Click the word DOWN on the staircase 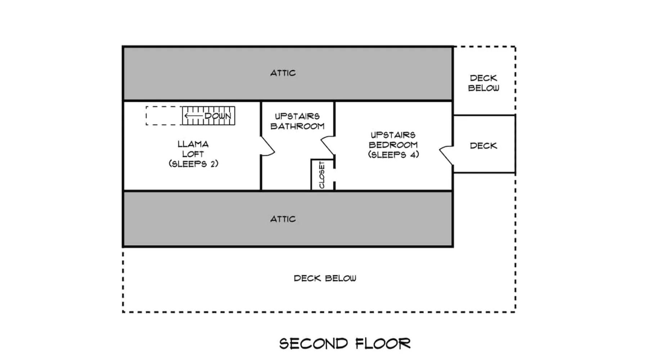tap(218, 116)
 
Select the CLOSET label tap(322, 175)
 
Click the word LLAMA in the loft tap(193, 144)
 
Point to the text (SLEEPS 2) tap(193, 164)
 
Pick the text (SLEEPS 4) tap(393, 154)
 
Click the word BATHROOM tap(297, 126)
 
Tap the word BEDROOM tap(393, 145)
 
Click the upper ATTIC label tap(283, 73)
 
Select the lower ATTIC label tap(283, 219)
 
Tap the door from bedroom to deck tap(446, 156)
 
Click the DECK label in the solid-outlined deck tap(483, 146)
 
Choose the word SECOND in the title tap(314, 343)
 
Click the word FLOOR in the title tap(383, 343)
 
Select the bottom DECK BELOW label tap(325, 278)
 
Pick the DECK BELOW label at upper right tap(483, 83)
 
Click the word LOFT tap(193, 154)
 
